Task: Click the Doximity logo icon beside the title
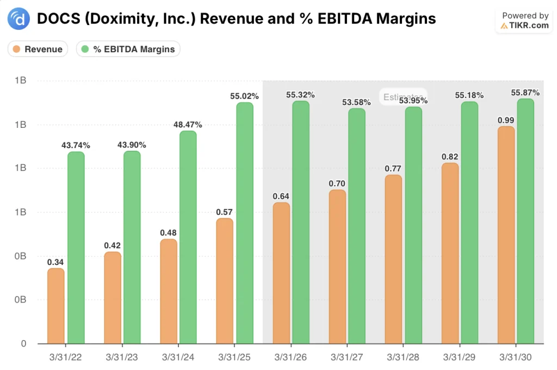point(19,19)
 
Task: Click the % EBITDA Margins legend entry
point(128,49)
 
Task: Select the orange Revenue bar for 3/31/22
point(56,306)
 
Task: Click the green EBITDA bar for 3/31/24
point(188,237)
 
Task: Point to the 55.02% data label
point(244,96)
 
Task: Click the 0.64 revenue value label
point(281,196)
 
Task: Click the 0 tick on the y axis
point(23,344)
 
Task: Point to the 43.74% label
point(76,145)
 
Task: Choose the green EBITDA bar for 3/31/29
point(469,223)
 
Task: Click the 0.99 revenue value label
point(506,120)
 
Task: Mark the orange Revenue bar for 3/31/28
point(393,259)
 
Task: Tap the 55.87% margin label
point(525,92)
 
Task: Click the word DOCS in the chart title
point(55,19)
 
